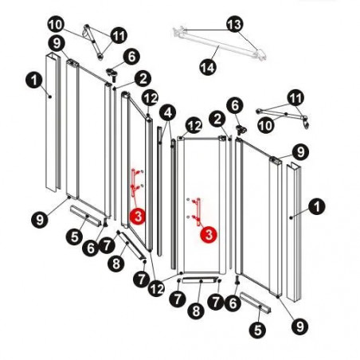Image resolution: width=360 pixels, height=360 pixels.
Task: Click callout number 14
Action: coord(208,67)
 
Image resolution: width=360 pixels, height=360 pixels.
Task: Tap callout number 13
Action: coord(235,24)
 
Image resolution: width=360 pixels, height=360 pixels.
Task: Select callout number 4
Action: coord(168,113)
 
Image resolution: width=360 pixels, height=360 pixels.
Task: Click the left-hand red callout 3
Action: coord(138,217)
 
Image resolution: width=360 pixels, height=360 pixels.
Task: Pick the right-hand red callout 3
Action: coord(209,235)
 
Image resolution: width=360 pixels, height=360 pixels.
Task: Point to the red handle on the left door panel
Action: coord(134,182)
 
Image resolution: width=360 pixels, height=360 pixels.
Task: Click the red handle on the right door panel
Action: coord(197,212)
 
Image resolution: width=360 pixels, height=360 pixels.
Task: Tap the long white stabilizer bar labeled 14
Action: coord(219,43)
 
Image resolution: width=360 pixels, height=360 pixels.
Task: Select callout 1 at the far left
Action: coord(34,80)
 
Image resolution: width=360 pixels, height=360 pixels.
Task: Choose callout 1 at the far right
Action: coord(317,206)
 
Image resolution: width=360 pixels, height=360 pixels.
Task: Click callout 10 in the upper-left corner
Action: coord(56,25)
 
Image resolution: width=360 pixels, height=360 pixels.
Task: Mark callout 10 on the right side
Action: coord(265,125)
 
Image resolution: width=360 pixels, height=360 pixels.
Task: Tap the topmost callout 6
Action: coord(131,57)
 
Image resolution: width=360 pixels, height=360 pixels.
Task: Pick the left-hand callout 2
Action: coord(143,79)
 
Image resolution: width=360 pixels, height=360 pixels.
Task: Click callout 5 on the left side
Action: coord(74,237)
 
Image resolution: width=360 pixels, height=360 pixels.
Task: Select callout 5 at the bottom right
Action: coord(257,330)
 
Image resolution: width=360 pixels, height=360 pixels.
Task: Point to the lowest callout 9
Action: coord(300,327)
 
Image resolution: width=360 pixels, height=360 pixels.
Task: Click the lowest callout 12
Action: coord(156,288)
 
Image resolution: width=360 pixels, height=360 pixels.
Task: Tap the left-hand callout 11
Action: coord(119,35)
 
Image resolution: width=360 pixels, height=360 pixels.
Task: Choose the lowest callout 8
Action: coord(196,311)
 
